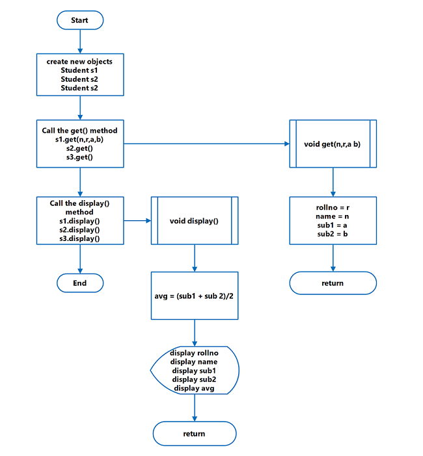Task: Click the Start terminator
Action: [79, 20]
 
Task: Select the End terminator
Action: [79, 283]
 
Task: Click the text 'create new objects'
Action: [79, 62]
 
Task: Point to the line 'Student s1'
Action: [79, 70]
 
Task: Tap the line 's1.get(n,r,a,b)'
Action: [79, 139]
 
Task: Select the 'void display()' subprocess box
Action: [194, 221]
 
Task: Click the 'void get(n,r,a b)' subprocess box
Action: [333, 144]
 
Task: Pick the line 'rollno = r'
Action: [333, 207]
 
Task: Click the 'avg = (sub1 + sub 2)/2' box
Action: [194, 297]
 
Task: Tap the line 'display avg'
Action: [194, 388]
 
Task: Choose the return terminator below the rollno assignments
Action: [333, 283]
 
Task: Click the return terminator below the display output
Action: [194, 433]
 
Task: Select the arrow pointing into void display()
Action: [137, 221]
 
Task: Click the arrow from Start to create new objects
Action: [79, 40]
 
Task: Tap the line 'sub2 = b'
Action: [333, 233]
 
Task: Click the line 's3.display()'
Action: [79, 238]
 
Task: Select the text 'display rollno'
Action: [194, 353]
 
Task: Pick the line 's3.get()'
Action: [79, 157]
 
